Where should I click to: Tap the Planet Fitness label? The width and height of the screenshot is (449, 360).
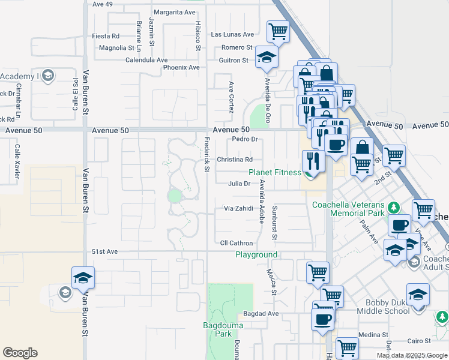275,172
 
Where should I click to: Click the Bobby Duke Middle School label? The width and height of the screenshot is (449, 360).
384,306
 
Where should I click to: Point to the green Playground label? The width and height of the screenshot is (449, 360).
256,255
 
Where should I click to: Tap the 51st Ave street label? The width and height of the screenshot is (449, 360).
104,251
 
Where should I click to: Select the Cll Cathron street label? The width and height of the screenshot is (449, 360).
237,243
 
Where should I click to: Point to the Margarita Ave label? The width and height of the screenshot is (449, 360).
175,12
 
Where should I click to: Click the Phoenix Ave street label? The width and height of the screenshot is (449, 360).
181,67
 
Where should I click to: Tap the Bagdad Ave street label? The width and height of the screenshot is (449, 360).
261,314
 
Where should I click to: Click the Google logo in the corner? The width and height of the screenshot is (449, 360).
20,353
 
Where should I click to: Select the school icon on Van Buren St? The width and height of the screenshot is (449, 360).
83,278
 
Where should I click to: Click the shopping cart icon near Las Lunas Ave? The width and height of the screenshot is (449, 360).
278,31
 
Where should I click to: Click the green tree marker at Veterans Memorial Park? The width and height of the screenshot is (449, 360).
394,208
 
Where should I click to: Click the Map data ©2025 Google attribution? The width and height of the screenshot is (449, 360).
412,355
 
